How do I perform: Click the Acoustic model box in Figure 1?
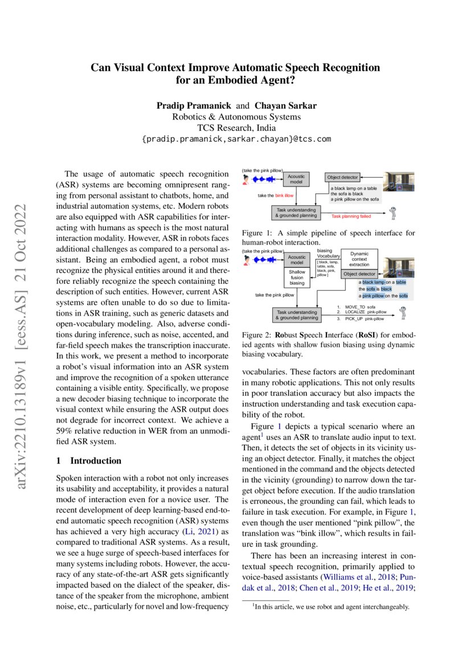296,179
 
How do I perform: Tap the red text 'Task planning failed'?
351,217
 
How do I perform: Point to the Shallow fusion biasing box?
296,277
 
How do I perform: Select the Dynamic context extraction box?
359,259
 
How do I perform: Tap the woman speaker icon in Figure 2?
246,260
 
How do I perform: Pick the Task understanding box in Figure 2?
296,315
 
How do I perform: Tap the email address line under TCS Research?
235,139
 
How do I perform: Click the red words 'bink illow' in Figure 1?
285,195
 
